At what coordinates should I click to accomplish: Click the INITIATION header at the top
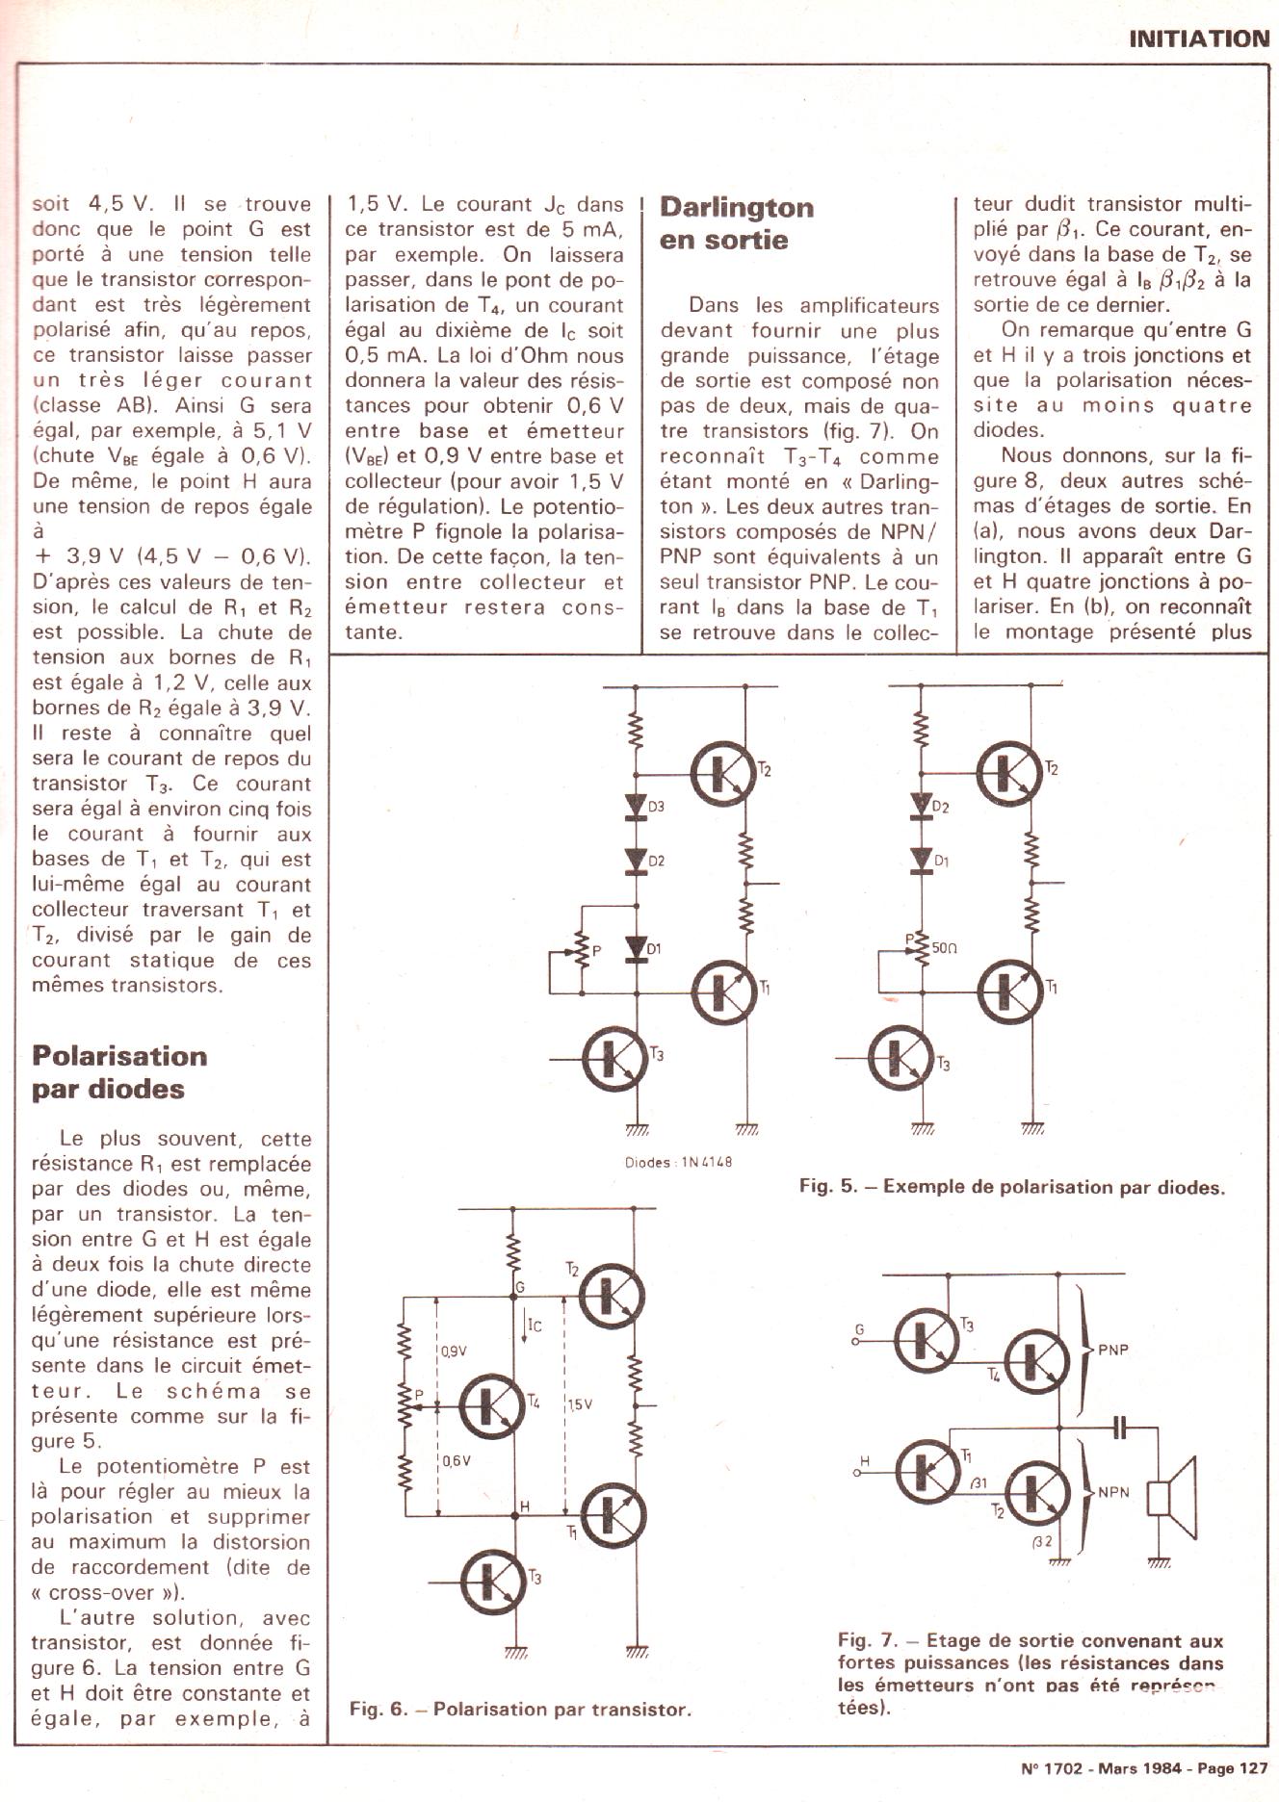click(1198, 39)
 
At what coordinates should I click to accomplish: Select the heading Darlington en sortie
click(737, 223)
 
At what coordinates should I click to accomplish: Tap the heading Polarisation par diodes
click(119, 1072)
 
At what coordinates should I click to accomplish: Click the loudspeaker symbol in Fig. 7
click(1173, 1499)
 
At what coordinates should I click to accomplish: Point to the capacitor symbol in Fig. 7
click(1118, 1428)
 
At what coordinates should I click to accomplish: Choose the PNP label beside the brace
click(1112, 1350)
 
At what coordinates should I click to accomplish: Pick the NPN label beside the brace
click(1112, 1494)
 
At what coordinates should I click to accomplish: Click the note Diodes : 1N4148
click(678, 1162)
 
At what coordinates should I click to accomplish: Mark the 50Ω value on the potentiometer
click(944, 948)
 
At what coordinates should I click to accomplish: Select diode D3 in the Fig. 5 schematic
click(636, 807)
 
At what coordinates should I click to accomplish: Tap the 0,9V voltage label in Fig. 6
click(454, 1351)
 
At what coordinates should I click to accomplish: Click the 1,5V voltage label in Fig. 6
click(580, 1405)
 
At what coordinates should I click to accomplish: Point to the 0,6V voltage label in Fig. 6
click(456, 1461)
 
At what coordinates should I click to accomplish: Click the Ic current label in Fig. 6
click(533, 1326)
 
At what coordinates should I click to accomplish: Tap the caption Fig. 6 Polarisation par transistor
click(520, 1710)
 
